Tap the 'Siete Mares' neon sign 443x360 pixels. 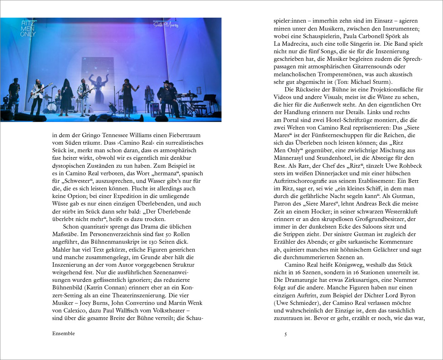(166, 25)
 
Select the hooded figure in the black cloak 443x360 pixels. (67, 96)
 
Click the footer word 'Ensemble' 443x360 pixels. (63, 333)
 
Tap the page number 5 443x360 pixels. (286, 334)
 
